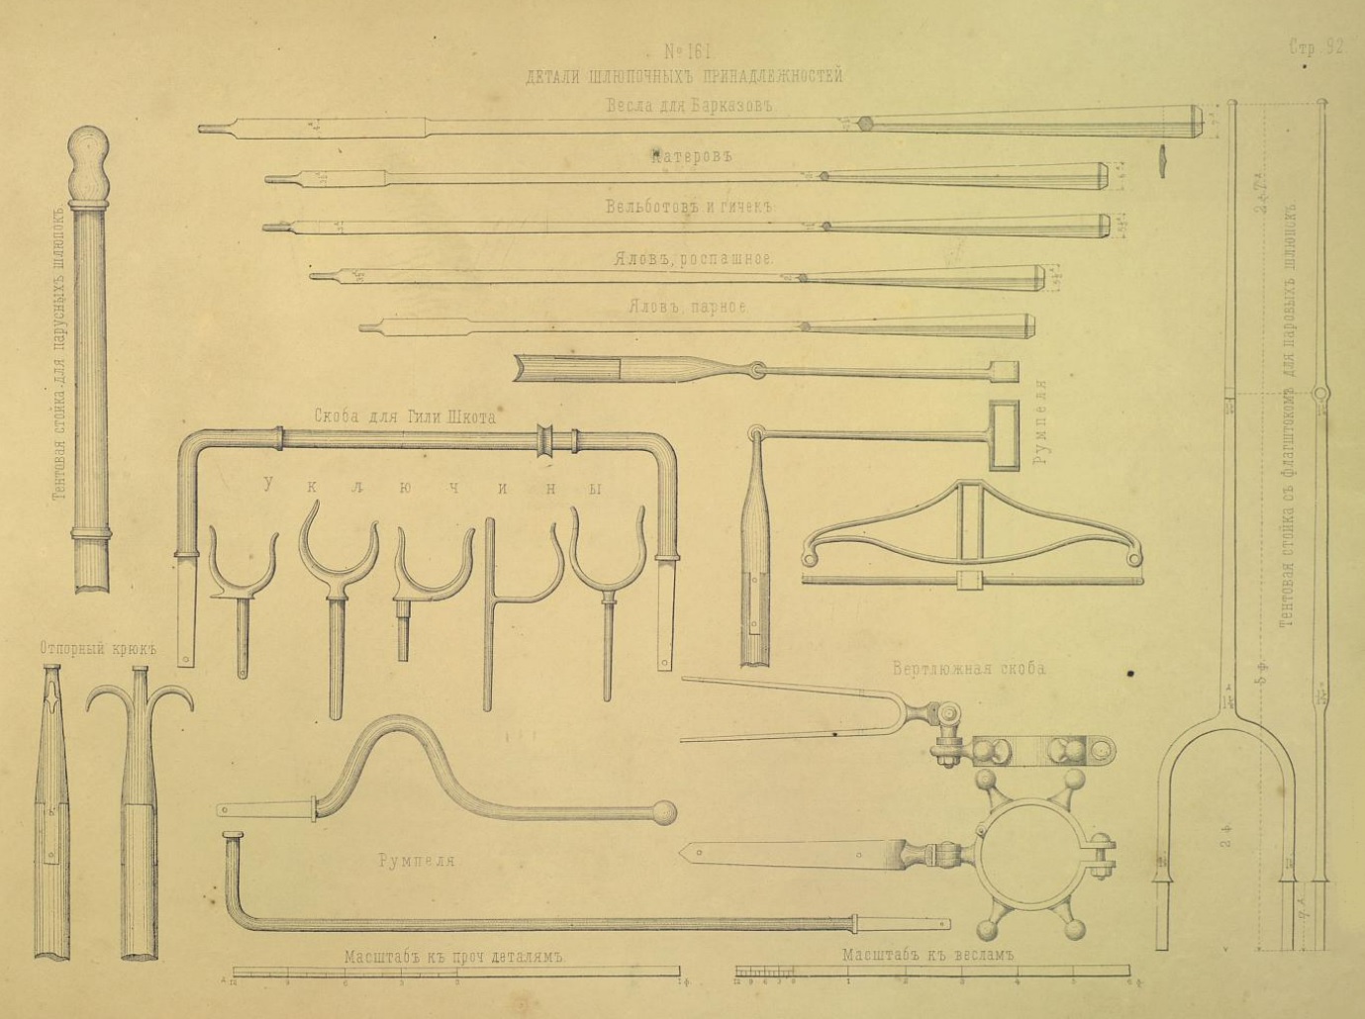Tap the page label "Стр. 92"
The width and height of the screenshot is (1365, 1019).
tap(1316, 46)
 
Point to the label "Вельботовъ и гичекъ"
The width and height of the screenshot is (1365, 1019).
tap(689, 208)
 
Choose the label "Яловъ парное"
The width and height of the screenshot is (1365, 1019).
tap(687, 308)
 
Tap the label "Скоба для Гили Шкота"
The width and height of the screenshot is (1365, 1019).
tap(404, 417)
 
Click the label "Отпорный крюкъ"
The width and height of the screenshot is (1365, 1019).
tap(100, 650)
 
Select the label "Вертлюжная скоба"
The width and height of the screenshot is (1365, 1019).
tap(968, 669)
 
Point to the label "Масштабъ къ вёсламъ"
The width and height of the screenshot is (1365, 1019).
tap(929, 956)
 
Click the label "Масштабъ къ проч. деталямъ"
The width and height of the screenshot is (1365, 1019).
tap(452, 958)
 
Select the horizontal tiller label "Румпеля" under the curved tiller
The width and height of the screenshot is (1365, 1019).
tap(416, 861)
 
